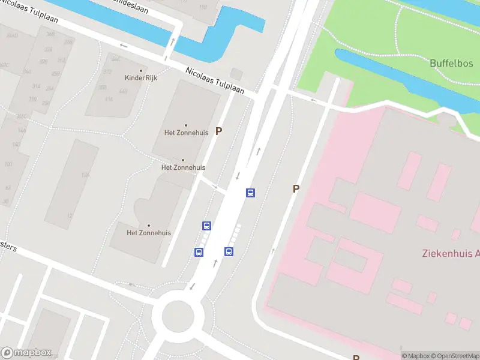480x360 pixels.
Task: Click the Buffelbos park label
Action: [451, 62]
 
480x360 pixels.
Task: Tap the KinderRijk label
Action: [140, 77]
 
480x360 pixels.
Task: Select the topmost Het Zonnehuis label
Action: [185, 132]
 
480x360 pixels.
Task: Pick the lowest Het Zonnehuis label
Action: [149, 233]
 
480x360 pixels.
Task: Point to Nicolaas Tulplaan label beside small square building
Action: [214, 80]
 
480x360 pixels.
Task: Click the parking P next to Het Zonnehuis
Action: [219, 131]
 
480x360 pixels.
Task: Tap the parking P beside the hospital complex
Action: [296, 188]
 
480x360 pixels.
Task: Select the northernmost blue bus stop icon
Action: [250, 193]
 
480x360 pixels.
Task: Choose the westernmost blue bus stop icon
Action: [199, 252]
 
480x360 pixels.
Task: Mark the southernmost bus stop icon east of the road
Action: [229, 251]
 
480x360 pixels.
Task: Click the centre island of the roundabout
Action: [178, 315]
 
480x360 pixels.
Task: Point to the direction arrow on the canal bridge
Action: [173, 42]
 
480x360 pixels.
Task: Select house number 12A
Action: [86, 175]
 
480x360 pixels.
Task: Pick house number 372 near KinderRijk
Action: [107, 72]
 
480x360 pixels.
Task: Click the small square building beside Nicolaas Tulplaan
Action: [236, 74]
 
